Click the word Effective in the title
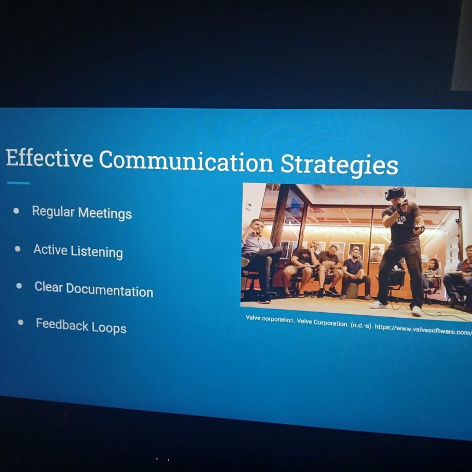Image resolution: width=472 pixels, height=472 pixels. coord(49,157)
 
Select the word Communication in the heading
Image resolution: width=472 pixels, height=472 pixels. coord(186,161)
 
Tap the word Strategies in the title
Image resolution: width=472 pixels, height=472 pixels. coord(339,165)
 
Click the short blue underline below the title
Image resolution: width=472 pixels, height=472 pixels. coord(18,183)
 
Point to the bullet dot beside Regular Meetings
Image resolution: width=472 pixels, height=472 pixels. coord(16,211)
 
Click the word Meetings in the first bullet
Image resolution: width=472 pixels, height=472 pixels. coord(104,213)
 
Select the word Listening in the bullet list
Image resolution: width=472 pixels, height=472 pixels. coord(96,251)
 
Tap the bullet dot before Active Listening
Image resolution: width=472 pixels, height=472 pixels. coord(17,249)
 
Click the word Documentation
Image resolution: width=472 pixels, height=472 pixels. coord(109,291)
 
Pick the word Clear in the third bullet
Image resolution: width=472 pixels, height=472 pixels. coord(48,287)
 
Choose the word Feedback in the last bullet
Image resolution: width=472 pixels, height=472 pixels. coord(62,324)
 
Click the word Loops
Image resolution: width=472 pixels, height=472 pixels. coord(109,328)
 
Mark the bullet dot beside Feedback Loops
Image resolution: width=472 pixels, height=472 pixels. coord(20,323)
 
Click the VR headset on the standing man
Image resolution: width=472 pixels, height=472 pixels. coord(395,193)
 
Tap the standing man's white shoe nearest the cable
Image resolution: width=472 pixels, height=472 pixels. coord(417,311)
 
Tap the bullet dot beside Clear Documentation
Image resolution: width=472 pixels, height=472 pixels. coord(19,286)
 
